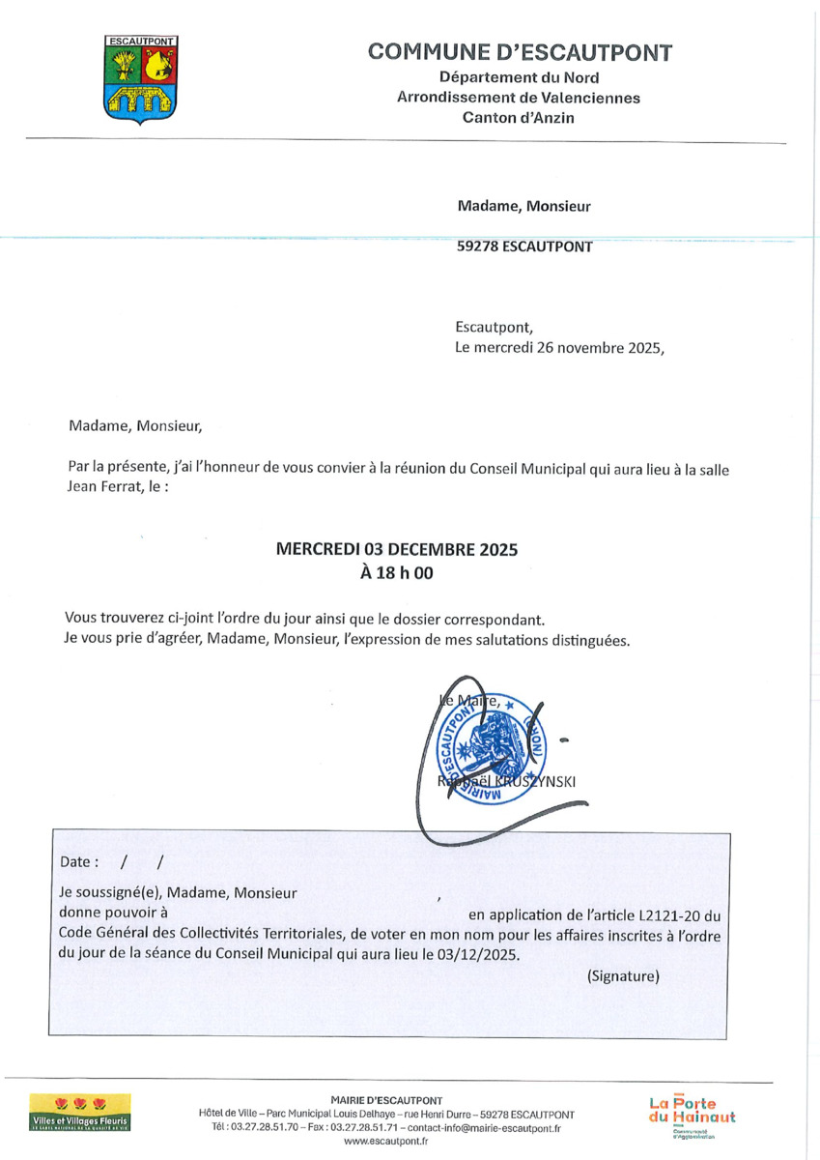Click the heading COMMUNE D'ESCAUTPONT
520,52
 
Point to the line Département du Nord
519,77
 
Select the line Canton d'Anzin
519,118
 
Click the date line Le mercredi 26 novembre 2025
560,348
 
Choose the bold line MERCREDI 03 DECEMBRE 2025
397,549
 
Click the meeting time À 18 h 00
397,571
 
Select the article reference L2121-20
670,913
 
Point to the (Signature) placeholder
623,976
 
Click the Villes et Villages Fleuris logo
80,1113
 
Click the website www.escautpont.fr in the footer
386,1142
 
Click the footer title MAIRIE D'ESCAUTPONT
386,1100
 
